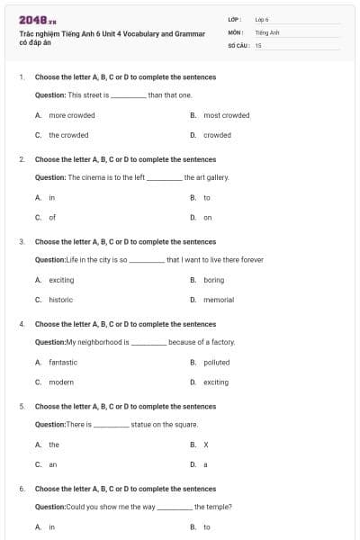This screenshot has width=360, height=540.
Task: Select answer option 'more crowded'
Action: point(72,115)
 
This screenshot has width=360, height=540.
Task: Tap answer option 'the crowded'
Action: point(68,135)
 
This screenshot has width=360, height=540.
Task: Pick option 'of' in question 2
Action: point(52,217)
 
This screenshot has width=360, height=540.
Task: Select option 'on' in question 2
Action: point(208,217)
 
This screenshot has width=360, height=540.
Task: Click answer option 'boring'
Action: point(213,280)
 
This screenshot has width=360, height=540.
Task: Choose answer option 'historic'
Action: point(61,300)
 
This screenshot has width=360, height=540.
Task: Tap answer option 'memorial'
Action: point(219,300)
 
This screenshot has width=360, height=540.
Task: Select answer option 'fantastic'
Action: point(63,362)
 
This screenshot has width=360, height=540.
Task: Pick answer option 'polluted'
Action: point(216,362)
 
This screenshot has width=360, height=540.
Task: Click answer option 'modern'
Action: point(61,382)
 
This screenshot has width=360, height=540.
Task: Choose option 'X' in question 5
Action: point(206,445)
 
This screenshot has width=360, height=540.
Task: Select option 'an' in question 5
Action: point(53,464)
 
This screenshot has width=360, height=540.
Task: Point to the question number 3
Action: point(21,241)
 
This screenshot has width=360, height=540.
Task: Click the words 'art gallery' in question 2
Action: point(212,177)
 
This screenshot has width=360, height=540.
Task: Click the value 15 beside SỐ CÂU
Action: point(258,44)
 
